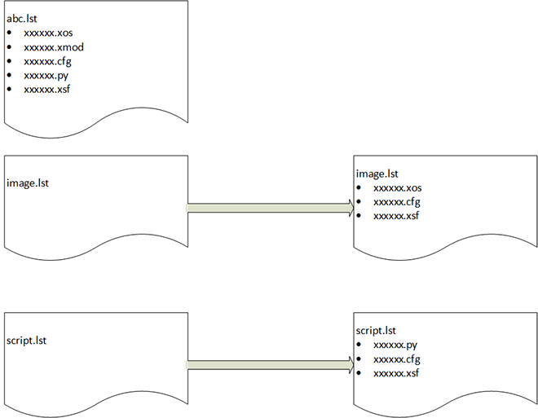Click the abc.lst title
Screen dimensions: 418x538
click(23, 18)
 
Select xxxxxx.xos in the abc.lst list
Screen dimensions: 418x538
click(50, 33)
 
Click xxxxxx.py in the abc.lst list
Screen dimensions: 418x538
click(46, 74)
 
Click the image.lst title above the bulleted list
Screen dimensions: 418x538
click(377, 174)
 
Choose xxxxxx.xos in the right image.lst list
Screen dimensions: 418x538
click(399, 187)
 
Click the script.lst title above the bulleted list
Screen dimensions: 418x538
click(377, 330)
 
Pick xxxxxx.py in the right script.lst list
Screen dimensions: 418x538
click(395, 345)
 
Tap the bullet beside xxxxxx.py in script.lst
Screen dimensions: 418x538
click(359, 345)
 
